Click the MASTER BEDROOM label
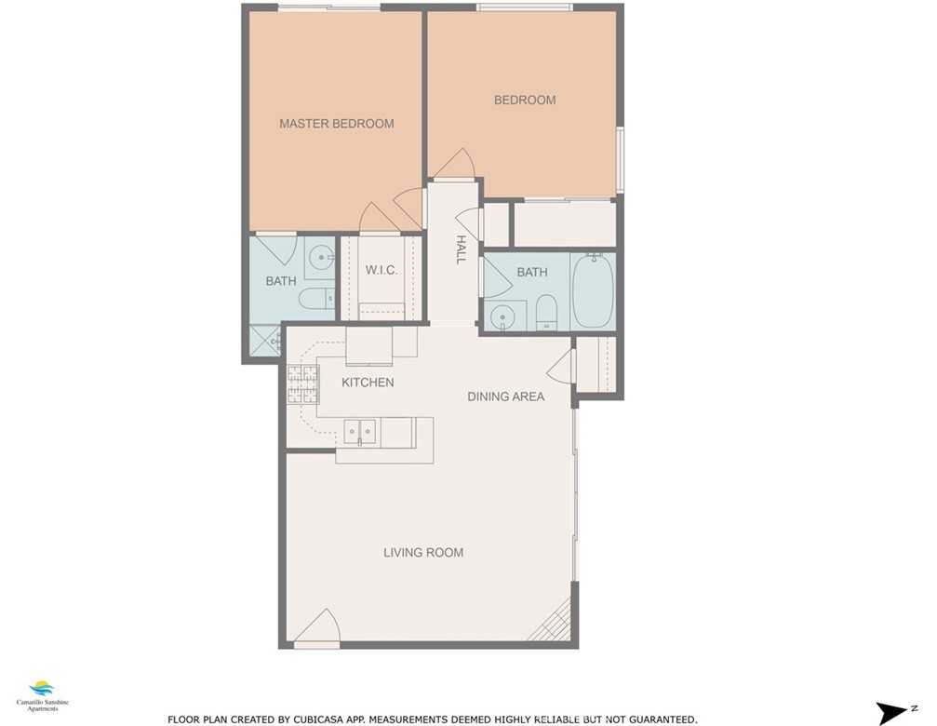click(337, 124)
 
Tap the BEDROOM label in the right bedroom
click(525, 100)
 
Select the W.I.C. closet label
click(381, 270)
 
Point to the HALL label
click(461, 249)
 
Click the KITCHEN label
click(368, 383)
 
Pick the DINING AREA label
click(505, 397)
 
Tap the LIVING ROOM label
click(423, 553)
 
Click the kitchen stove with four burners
click(302, 384)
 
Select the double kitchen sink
click(360, 431)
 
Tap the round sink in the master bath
click(323, 258)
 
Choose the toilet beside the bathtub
click(546, 312)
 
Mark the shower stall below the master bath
click(264, 342)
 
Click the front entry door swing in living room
click(317, 627)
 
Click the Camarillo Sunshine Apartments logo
click(43, 696)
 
